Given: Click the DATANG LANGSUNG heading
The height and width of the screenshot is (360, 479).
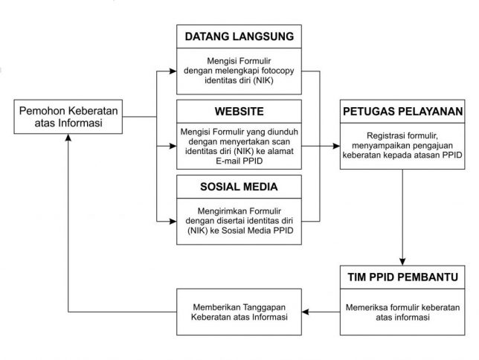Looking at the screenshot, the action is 239,36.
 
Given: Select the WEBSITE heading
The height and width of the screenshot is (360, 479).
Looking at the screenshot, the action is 239,112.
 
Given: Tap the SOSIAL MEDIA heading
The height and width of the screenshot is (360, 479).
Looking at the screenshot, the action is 239,187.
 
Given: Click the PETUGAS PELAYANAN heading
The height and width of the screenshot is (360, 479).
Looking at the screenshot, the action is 402,112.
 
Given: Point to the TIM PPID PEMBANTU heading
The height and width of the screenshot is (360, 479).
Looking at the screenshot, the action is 402,277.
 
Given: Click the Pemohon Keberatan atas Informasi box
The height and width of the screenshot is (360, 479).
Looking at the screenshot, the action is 68,117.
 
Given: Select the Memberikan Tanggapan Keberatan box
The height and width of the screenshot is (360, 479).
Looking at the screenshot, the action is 239,312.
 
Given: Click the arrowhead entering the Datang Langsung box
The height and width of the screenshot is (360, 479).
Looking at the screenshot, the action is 173,71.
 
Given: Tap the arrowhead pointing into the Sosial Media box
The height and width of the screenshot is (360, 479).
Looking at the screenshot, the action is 173,221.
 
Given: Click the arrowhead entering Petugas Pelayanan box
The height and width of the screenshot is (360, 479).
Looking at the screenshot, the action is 336,146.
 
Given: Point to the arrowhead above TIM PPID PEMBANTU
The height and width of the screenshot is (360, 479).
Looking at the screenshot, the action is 402,262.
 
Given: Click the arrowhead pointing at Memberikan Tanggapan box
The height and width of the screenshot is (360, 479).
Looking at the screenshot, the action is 306,312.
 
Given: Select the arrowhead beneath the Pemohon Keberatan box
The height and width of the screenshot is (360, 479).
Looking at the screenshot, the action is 68,138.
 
